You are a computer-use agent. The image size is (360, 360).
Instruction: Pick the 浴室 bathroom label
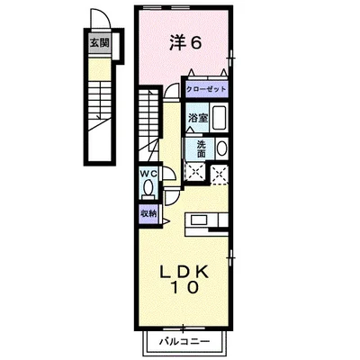pyautogui.click(x=197, y=118)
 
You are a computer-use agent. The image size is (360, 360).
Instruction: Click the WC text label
pyautogui.click(x=148, y=175)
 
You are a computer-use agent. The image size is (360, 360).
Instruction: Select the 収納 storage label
pyautogui.click(x=148, y=213)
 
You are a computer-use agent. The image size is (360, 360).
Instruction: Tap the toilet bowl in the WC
pyautogui.click(x=148, y=188)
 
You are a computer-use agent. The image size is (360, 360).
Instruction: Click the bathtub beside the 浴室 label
pyautogui.click(x=221, y=118)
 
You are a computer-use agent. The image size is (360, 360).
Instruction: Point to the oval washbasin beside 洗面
pyautogui.click(x=222, y=149)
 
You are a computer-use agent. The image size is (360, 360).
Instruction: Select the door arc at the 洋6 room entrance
pyautogui.click(x=171, y=93)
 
